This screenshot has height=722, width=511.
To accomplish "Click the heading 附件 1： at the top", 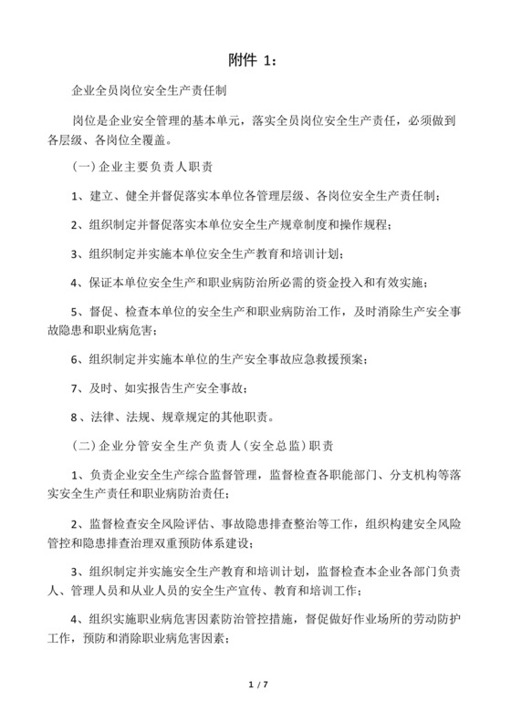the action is [x=255, y=60].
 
